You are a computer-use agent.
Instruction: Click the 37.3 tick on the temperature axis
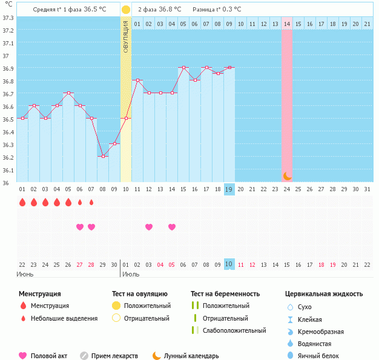point(8,18)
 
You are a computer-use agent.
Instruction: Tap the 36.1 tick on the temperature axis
point(8,170)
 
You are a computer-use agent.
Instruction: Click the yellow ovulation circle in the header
point(126,10)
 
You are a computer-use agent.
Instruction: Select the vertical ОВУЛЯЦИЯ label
point(126,36)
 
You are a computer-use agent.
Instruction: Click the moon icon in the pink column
point(287,175)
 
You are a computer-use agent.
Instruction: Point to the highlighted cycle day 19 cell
point(229,189)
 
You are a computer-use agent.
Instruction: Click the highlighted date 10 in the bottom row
point(229,264)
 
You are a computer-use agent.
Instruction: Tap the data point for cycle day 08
point(103,157)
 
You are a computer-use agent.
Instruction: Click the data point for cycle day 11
point(137,80)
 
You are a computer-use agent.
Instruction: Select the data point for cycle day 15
point(183,68)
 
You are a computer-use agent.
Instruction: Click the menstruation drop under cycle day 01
point(22,202)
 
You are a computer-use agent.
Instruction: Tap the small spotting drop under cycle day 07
point(91,202)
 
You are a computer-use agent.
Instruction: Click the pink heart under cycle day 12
point(149,227)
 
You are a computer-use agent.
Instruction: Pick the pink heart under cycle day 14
point(172,227)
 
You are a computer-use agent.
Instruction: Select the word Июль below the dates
point(131,274)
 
